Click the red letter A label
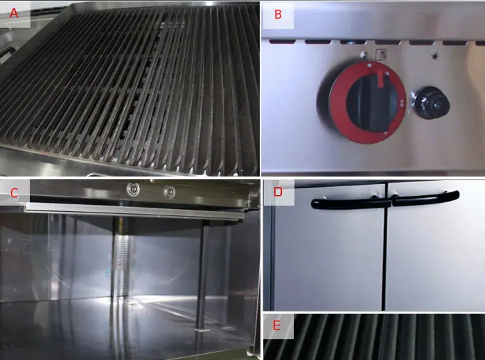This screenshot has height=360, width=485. [14, 13]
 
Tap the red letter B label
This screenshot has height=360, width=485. [278, 15]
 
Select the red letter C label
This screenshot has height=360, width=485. [14, 192]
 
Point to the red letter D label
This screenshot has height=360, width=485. [278, 192]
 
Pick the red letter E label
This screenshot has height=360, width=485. [278, 325]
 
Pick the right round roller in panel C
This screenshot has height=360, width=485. [167, 191]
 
